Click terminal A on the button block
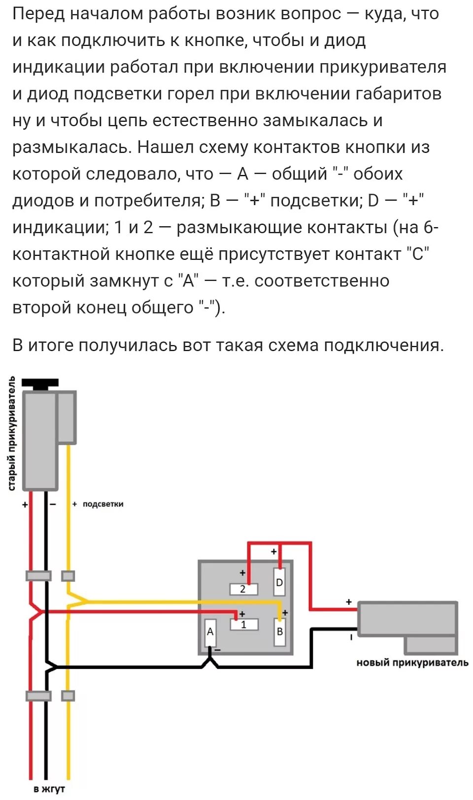(210, 633)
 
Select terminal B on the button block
(279, 631)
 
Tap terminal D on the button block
(279, 583)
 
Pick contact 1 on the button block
(244, 625)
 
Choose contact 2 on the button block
(243, 589)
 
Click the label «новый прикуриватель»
(412, 663)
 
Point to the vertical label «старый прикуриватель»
(12, 434)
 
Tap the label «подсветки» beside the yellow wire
(103, 504)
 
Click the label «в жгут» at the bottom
(49, 789)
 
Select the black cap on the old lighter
(40, 383)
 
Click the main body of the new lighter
(407, 619)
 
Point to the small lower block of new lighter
(431, 645)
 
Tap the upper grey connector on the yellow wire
(68, 576)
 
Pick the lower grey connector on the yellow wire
(68, 696)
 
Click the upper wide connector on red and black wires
(38, 576)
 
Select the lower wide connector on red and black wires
(38, 696)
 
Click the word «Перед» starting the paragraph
(38, 14)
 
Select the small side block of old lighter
(67, 417)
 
